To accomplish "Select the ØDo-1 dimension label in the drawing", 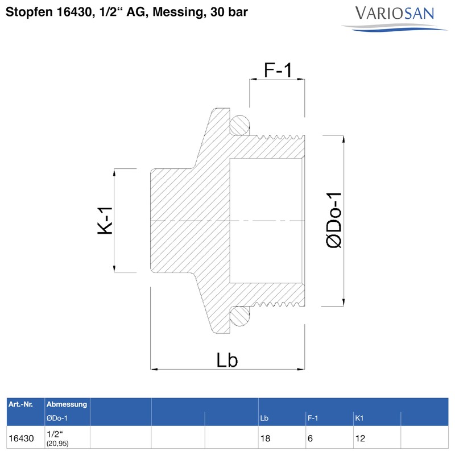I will (x=334, y=220).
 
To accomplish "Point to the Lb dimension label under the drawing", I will (x=227, y=360).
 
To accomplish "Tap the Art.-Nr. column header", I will (x=20, y=404).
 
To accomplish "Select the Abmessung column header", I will (x=67, y=404).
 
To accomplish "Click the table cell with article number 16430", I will (x=22, y=439).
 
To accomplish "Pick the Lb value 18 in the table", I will (x=265, y=439).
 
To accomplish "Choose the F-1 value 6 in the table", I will (x=310, y=439).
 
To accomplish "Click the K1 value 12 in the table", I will (x=359, y=439).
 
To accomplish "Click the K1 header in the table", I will (x=359, y=419).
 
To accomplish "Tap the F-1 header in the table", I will (x=312, y=419).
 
